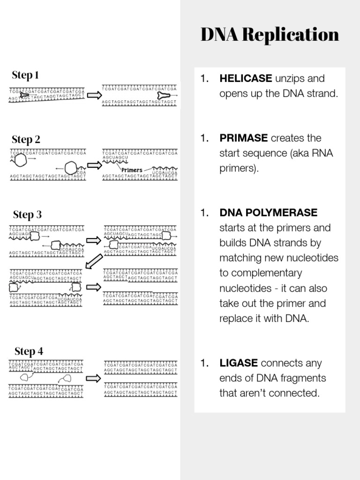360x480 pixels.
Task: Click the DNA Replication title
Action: pos(270,35)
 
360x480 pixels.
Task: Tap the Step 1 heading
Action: pos(25,75)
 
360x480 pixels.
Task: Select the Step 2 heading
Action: pos(26,139)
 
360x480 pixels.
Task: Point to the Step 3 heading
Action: pos(27,215)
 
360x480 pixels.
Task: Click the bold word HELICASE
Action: pos(246,78)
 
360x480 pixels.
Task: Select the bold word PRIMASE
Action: pos(243,138)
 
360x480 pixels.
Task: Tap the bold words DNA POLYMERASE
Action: pos(268,213)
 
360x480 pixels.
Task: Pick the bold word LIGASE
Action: pos(239,363)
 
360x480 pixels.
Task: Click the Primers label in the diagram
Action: pos(131,170)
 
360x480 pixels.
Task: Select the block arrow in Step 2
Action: pos(94,165)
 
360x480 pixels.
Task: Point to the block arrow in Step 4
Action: pos(94,378)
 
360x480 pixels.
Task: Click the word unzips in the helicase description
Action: pos(290,78)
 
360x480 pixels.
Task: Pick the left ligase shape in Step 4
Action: pos(25,377)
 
